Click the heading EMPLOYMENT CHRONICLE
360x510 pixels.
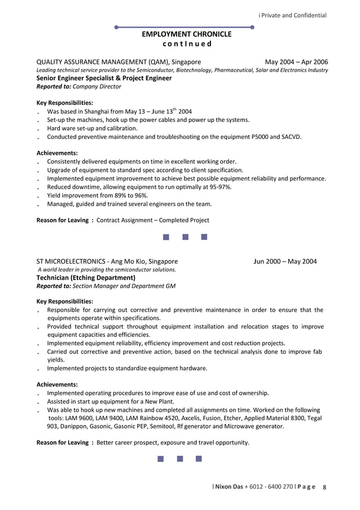tap(186, 34)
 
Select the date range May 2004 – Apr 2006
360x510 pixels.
tap(296, 62)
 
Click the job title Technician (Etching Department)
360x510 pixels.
tap(90, 278)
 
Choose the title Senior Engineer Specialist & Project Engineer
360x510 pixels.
tap(104, 79)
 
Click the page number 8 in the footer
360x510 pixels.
tap(324, 487)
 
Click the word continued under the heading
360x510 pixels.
tap(186, 43)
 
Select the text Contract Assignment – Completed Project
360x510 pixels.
tap(153, 220)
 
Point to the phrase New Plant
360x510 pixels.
tap(160, 402)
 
